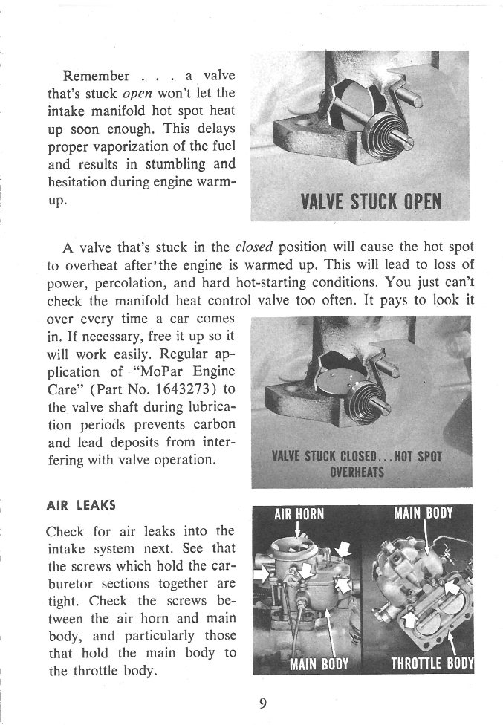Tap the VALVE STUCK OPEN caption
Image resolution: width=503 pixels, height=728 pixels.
371,201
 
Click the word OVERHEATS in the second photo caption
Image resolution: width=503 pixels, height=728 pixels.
357,472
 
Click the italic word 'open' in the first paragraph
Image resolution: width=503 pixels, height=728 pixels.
133,94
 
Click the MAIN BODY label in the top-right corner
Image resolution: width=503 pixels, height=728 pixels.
423,513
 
